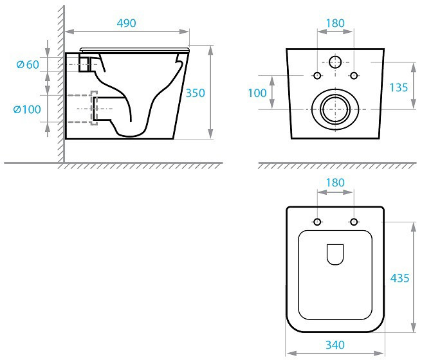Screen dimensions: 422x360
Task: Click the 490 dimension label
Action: point(126,23)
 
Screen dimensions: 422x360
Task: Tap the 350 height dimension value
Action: point(196,93)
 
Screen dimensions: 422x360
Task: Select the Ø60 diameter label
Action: point(28,64)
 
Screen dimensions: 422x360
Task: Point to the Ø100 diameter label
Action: point(27,109)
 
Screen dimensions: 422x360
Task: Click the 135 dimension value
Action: point(399,87)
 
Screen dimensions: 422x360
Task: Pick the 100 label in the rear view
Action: point(257,93)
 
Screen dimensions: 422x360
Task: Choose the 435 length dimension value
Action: point(399,278)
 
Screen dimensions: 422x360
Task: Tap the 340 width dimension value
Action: point(335,345)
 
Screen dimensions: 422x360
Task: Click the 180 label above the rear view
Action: point(335,23)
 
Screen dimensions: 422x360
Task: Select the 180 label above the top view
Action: point(335,183)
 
